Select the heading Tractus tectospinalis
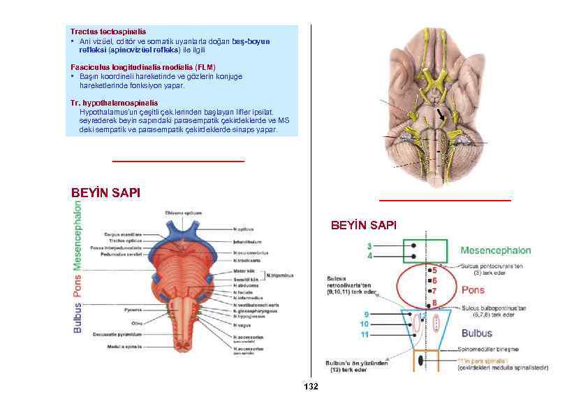108,31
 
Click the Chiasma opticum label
184,213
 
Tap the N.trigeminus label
278,275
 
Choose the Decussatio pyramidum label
117,333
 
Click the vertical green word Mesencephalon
78,235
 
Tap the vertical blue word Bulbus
78,317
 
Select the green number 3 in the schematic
369,245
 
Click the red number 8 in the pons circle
434,303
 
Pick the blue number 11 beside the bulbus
365,335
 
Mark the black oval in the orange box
420,359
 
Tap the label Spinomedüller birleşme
492,350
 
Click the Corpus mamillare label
123,234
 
